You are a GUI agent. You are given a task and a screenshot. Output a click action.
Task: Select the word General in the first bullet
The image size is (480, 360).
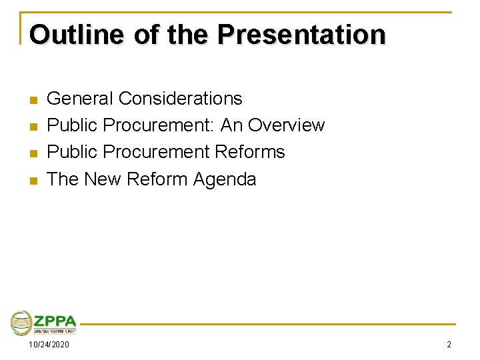[80, 99]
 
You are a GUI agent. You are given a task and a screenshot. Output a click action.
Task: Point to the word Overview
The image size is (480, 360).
[286, 125]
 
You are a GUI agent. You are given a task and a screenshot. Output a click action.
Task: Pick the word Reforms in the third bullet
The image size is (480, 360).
[250, 152]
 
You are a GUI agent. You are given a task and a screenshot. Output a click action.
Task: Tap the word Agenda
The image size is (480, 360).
[224, 179]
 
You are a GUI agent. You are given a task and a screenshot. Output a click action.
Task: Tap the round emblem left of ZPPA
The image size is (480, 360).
[21, 323]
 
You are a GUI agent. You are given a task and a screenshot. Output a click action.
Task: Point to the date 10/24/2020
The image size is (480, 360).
[49, 345]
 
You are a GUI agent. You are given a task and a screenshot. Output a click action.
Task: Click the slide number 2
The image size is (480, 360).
[449, 345]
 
